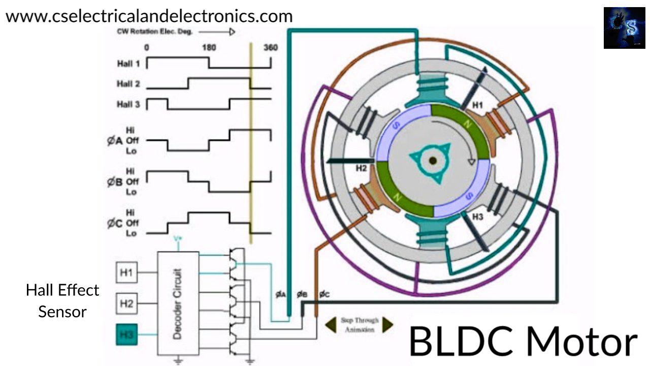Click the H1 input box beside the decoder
click(126, 273)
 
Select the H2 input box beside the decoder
click(126, 303)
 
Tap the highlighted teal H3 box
click(126, 334)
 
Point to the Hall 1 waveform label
click(128, 64)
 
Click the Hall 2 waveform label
click(128, 84)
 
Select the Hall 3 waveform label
click(128, 105)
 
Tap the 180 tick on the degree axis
click(209, 48)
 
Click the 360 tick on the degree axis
click(270, 48)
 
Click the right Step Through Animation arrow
click(388, 324)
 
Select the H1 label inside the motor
click(478, 105)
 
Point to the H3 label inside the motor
click(478, 216)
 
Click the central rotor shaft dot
click(433, 161)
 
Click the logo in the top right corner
click(624, 28)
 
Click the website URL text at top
click(149, 16)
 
